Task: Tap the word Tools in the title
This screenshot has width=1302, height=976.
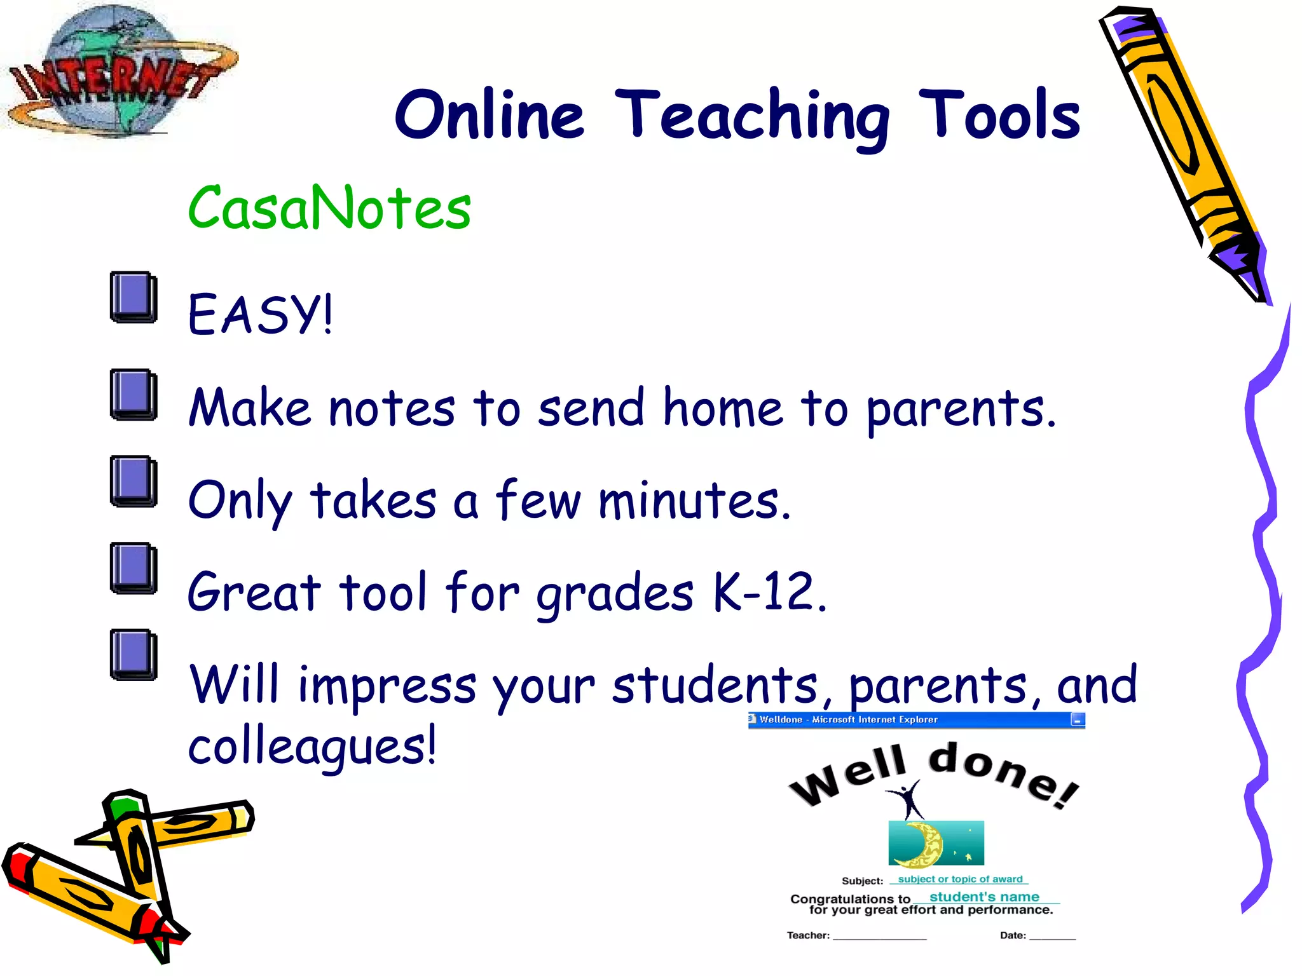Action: click(999, 116)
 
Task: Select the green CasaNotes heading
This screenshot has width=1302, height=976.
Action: click(329, 208)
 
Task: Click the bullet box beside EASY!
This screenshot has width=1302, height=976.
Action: click(134, 297)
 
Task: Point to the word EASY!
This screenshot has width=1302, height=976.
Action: click(260, 314)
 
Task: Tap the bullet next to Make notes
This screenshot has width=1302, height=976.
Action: click(134, 394)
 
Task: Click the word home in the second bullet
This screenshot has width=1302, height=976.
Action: click(723, 408)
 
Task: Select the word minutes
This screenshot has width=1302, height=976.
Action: click(694, 501)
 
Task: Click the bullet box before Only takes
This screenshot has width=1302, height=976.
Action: click(134, 481)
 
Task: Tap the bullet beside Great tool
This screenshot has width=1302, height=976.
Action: click(134, 568)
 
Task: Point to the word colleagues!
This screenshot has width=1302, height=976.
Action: click(312, 745)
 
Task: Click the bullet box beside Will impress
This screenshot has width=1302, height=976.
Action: click(134, 654)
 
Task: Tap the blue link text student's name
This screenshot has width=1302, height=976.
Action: click(984, 897)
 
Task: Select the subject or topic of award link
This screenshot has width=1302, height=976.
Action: click(960, 879)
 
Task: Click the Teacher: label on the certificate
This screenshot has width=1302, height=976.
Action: click(808, 935)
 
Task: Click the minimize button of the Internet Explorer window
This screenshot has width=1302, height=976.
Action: click(1077, 720)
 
